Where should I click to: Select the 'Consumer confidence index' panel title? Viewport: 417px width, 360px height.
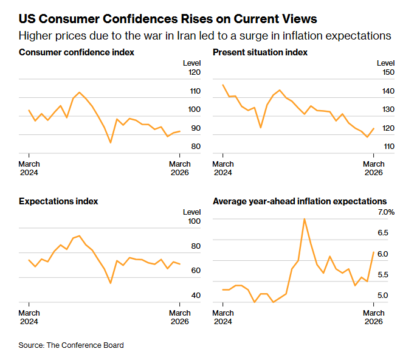coord(77,52)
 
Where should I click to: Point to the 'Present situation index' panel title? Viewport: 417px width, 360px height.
coord(260,52)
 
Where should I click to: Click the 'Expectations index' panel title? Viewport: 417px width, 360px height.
coord(58,201)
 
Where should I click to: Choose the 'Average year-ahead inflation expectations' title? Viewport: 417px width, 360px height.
coord(299,201)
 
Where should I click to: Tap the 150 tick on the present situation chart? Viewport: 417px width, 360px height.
coord(387,72)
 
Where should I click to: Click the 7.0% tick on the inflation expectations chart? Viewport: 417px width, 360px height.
coord(386,212)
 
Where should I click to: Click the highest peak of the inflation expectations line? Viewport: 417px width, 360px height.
coord(304,219)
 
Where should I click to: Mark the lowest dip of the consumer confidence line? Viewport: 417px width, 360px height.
coord(110,142)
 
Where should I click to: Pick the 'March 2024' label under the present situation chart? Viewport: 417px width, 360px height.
coord(223,168)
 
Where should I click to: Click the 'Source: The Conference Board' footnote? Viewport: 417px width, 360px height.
coord(71,345)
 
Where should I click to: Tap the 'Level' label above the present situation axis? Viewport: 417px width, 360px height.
coord(385,63)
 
